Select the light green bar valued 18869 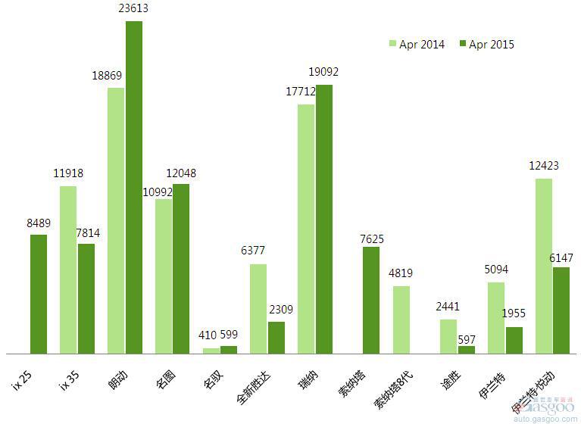(115, 220)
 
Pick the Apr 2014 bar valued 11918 (68, 270)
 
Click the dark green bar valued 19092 (324, 219)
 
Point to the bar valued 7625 (371, 300)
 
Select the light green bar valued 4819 (401, 320)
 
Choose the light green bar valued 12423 (544, 266)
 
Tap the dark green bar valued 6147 (561, 310)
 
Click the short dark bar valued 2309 (276, 337)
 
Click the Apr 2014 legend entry (417, 45)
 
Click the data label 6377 (253, 251)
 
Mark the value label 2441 (448, 307)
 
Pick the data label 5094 (496, 269)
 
